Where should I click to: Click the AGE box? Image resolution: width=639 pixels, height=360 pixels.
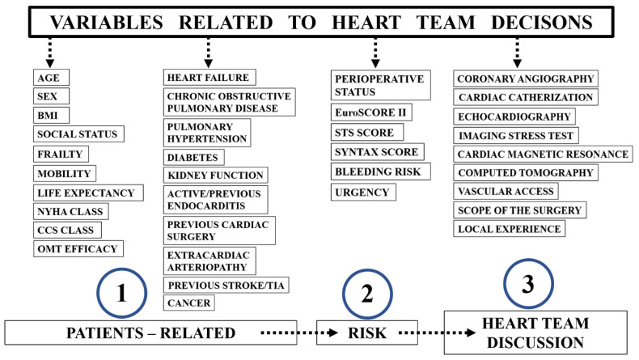51,78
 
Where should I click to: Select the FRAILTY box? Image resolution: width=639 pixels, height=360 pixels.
61,154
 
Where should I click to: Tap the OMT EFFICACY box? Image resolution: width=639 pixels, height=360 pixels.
78,248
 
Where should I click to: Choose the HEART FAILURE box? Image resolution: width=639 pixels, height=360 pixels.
209,78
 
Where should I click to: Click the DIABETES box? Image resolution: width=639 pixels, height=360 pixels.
193,158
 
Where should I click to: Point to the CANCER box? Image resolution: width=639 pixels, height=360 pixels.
189,303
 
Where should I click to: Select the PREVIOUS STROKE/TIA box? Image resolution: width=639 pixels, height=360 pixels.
226,285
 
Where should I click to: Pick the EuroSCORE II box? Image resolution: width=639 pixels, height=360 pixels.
371,112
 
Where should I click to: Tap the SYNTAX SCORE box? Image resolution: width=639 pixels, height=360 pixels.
378,152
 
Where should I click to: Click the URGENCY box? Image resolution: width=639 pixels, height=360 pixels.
363,192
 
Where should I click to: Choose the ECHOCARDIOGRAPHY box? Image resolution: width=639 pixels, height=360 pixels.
514,116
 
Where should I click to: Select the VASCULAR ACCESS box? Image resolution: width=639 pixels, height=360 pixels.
506,191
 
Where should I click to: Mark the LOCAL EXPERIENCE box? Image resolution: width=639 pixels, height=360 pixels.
510,229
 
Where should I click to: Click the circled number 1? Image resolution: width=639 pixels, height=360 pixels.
121,293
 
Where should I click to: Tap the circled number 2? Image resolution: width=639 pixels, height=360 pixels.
367,294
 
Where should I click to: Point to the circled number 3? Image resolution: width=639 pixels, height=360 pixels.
528,284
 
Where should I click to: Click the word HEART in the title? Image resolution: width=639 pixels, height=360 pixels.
366,23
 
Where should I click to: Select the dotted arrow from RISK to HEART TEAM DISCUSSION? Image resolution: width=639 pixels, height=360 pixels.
438,333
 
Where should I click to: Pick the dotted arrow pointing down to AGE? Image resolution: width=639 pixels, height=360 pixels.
49,53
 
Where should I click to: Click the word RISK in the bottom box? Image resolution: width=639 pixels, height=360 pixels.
367,333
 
